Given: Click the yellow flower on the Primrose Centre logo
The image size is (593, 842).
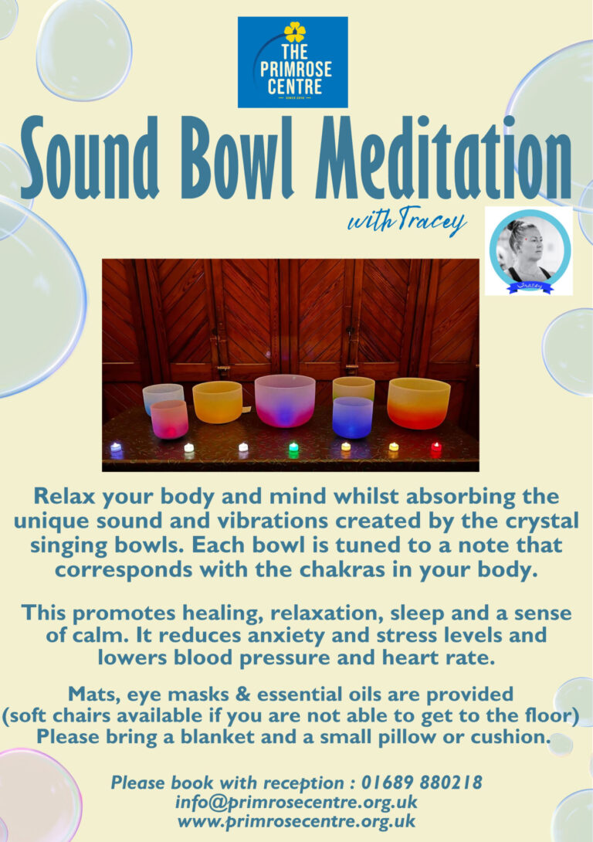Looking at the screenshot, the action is (295, 32).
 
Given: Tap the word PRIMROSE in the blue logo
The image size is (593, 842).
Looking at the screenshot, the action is (296, 70).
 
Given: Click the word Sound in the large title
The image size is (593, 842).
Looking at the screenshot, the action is (90, 158).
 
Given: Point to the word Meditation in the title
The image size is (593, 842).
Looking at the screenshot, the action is (444, 158).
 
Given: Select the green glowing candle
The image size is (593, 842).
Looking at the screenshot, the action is (293, 449).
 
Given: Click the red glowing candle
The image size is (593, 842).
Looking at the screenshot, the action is (435, 449).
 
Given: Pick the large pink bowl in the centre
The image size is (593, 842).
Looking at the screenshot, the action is (285, 401).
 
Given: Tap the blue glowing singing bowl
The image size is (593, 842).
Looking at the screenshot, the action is (353, 417).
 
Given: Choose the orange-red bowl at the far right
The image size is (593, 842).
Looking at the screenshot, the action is (418, 403).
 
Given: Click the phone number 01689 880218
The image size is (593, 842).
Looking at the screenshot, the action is (422, 783).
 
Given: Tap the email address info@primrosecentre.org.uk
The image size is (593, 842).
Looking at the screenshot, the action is (296, 803).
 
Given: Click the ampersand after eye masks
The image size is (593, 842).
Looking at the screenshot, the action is (243, 694).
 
